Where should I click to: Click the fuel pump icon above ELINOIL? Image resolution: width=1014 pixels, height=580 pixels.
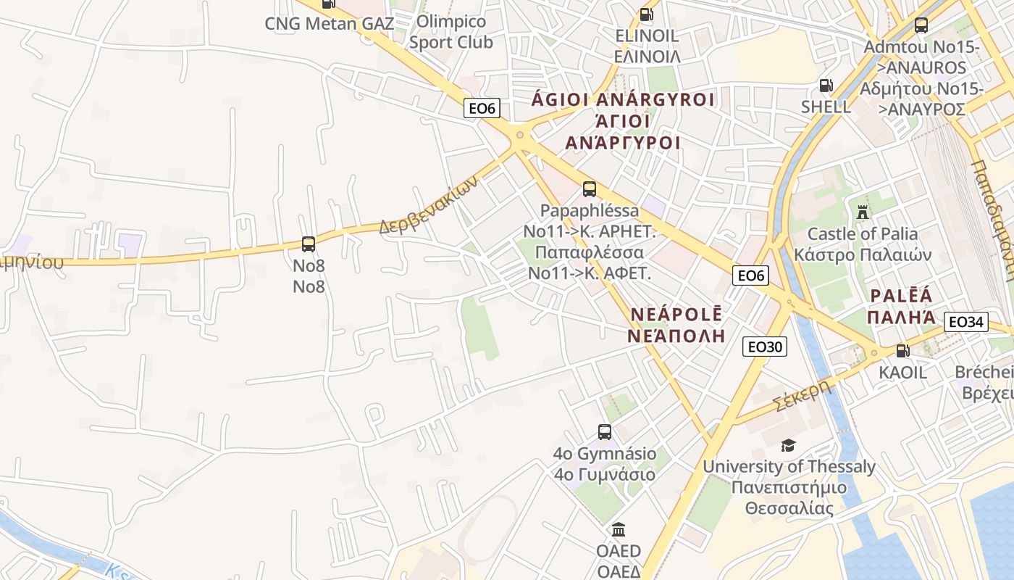(x=646, y=14)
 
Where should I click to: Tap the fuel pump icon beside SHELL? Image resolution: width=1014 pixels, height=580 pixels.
(x=826, y=86)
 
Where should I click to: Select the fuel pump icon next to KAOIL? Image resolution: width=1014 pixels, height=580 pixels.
(x=902, y=351)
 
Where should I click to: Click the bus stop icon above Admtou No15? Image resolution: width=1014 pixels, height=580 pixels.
(x=921, y=25)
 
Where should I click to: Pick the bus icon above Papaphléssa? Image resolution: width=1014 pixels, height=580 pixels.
(x=590, y=189)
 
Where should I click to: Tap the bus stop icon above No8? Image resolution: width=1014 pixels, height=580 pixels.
(x=309, y=244)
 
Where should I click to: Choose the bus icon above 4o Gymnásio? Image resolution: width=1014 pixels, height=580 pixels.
(x=605, y=432)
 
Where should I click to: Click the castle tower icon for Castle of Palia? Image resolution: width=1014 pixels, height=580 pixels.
(x=862, y=212)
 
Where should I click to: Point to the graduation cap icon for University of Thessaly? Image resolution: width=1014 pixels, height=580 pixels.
(x=788, y=445)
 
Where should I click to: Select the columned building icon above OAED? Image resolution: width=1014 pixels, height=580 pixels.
(x=619, y=529)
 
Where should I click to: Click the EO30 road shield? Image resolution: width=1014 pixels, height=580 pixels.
(x=764, y=347)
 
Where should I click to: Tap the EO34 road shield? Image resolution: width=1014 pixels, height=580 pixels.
(x=966, y=321)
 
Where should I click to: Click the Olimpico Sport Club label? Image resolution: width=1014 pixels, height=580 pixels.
(x=451, y=32)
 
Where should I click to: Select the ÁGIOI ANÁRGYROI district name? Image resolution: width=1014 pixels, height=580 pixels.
(x=623, y=99)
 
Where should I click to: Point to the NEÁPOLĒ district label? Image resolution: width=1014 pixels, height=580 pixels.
(x=676, y=314)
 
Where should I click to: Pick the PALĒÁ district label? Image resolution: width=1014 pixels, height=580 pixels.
(x=901, y=296)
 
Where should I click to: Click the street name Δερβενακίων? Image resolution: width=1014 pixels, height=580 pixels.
(x=428, y=207)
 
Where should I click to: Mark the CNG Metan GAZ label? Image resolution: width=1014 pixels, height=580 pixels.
(x=329, y=23)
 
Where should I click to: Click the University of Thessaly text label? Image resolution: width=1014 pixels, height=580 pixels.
(x=789, y=467)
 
